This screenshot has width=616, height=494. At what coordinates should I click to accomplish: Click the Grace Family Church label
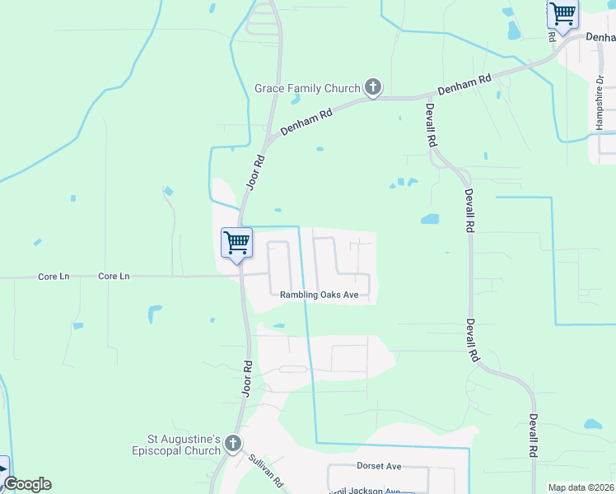click(307, 88)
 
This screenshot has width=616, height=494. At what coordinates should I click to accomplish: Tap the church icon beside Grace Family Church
click(372, 86)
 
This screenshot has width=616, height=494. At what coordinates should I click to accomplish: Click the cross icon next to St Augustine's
click(232, 445)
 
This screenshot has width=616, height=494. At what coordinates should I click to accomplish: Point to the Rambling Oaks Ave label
click(319, 295)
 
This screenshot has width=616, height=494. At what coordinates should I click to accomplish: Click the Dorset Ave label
click(379, 466)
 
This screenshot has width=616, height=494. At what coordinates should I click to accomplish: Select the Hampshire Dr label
click(600, 103)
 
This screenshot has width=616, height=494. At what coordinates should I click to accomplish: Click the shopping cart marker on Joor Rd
click(237, 244)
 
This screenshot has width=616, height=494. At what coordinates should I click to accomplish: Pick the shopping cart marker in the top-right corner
click(562, 15)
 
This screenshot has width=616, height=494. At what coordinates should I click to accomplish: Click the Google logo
click(27, 484)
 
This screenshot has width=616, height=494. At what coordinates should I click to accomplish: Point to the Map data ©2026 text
click(581, 487)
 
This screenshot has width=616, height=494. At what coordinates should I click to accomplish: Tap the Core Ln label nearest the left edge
click(54, 277)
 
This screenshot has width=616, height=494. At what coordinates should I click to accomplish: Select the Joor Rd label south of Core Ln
click(246, 378)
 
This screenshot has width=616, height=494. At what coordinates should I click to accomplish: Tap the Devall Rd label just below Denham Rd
click(431, 123)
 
